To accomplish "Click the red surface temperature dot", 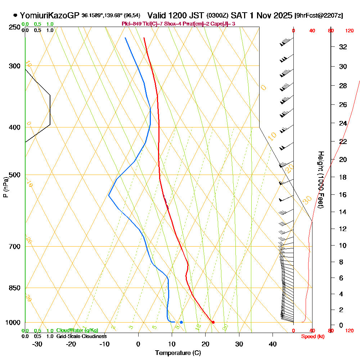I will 213,322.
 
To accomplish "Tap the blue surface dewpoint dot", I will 181,322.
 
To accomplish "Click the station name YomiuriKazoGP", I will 50,15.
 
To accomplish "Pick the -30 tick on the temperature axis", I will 37,344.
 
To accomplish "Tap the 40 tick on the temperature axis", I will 273,344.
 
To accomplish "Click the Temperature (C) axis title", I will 178,353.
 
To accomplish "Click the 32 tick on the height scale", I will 343,47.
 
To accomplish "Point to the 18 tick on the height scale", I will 343,177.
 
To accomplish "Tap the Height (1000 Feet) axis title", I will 320,179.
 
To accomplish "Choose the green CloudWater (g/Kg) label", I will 77,330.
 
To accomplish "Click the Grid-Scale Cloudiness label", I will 81,336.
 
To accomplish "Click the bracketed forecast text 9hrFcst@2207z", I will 319,16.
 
